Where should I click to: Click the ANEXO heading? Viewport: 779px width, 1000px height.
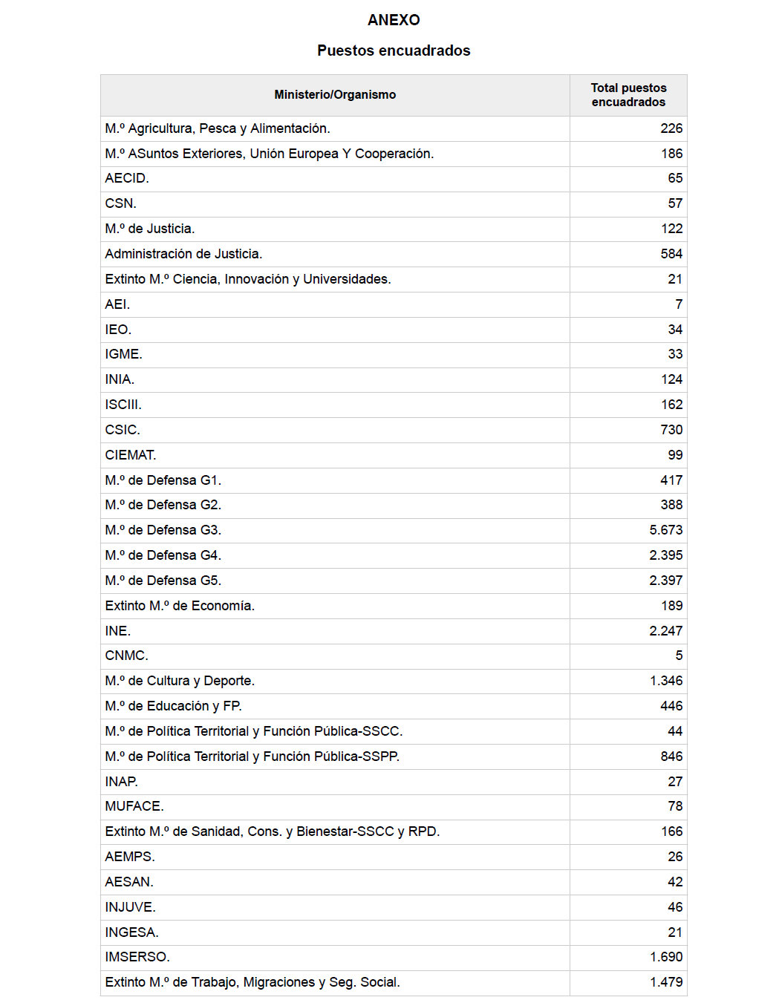click(x=394, y=20)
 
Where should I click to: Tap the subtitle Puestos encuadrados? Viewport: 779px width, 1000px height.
click(x=394, y=50)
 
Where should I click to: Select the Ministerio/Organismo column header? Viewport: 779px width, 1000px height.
click(x=335, y=94)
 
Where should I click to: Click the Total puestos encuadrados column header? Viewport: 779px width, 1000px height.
click(x=628, y=95)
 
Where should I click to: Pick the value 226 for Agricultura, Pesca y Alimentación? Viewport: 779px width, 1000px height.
click(x=671, y=128)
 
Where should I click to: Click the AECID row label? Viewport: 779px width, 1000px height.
click(x=127, y=178)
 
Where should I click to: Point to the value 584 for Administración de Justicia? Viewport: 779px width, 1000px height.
click(x=671, y=254)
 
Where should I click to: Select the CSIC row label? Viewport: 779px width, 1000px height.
click(x=123, y=430)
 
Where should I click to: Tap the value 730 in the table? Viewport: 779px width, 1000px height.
click(x=671, y=430)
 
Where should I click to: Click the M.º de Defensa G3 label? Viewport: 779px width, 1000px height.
click(x=163, y=530)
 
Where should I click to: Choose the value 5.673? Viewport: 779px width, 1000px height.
click(x=666, y=530)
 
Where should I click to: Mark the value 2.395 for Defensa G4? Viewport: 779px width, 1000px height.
click(x=666, y=555)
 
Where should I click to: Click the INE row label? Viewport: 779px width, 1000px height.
click(x=118, y=631)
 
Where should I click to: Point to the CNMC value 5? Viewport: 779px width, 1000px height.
click(x=679, y=656)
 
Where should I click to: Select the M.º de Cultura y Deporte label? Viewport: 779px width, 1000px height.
click(x=180, y=681)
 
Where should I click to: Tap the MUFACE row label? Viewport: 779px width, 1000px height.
click(x=134, y=806)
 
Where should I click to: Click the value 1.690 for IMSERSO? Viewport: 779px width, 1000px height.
click(x=666, y=957)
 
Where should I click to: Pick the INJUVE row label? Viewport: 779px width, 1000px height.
click(x=131, y=907)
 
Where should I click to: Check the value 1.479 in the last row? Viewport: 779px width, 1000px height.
click(x=666, y=982)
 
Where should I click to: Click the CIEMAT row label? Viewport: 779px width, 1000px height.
click(x=131, y=455)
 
